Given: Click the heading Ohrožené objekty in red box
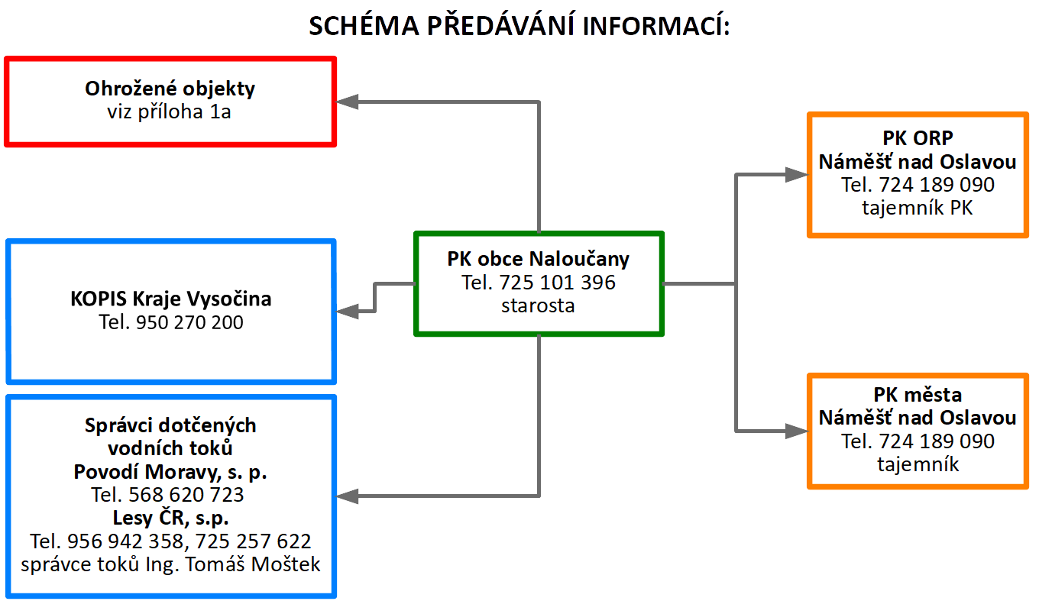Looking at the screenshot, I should point(170,89).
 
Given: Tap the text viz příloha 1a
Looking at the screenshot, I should point(170,112).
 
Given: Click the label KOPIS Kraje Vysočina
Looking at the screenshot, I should point(170,299).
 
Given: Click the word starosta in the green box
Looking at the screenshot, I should point(538,306).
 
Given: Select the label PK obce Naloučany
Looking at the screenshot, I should point(538,259).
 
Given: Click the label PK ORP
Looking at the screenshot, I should point(918,138).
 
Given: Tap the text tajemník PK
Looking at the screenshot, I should point(918,208).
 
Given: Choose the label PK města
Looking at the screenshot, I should point(918,395).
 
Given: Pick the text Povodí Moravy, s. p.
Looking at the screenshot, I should point(170,472).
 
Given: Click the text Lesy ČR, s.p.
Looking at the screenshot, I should point(170,519).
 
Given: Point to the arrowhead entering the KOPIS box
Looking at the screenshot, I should point(348,311).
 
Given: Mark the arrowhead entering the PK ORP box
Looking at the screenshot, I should point(797,175).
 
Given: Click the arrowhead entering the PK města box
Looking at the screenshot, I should point(797,431).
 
